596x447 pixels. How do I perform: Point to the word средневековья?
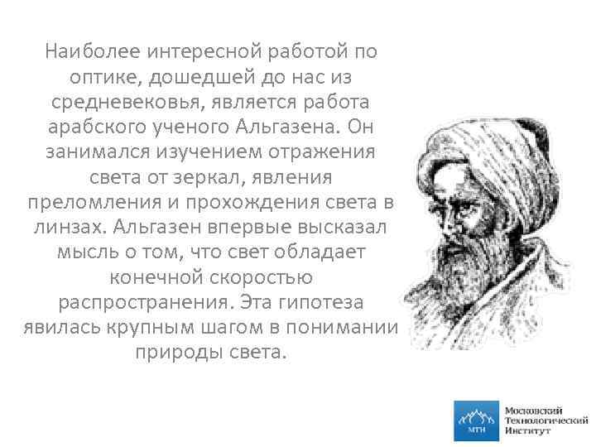(128, 103)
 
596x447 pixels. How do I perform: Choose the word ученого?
(192, 127)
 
